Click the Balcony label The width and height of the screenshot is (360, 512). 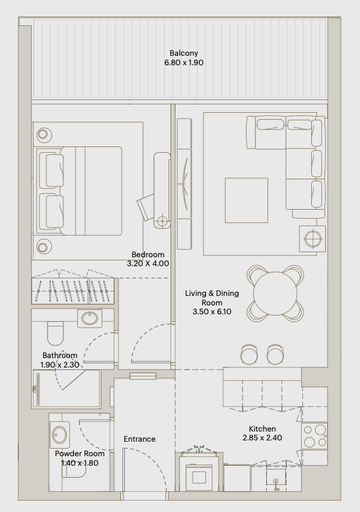tap(184, 53)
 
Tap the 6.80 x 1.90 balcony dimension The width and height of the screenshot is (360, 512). tap(184, 62)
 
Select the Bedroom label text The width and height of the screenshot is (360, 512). tap(148, 254)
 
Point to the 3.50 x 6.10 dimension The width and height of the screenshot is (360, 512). tap(212, 312)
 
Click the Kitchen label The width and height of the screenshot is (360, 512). tap(262, 429)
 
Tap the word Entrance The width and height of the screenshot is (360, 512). tap(139, 439)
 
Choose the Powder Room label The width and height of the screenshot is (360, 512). tap(80, 454)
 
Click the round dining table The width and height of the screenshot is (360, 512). tap(275, 293)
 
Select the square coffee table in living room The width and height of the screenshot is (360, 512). tap(247, 200)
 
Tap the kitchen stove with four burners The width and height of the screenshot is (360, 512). tap(314, 436)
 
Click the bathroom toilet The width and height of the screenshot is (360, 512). tap(55, 333)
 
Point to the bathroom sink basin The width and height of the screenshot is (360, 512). tap(89, 318)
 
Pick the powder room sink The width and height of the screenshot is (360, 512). tap(60, 435)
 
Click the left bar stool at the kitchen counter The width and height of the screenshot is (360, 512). tap(249, 354)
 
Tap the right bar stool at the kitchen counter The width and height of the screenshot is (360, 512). tap(275, 354)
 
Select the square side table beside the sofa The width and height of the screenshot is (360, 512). tap(312, 239)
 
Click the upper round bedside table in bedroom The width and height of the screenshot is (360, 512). tap(44, 134)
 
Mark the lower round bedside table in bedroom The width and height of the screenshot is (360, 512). tap(44, 247)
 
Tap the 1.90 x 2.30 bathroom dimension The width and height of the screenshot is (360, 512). tap(60, 365)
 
